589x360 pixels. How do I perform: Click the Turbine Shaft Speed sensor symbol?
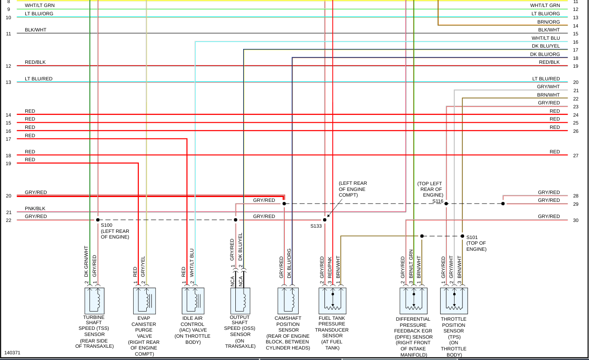pyautogui.click(x=94, y=301)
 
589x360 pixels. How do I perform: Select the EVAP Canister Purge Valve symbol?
pyautogui.click(x=145, y=301)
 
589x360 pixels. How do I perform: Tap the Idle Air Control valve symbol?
pyautogui.click(x=193, y=301)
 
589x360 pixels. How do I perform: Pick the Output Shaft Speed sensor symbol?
pyautogui.click(x=240, y=301)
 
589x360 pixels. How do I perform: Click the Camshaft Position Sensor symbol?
pyautogui.click(x=288, y=301)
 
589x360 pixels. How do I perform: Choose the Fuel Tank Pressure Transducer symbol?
pyautogui.click(x=333, y=301)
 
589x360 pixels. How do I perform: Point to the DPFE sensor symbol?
pyautogui.click(x=413, y=301)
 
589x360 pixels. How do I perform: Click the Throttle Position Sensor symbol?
pyautogui.click(x=454, y=301)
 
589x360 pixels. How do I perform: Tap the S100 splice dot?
pyautogui.click(x=98, y=220)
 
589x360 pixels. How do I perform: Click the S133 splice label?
pyautogui.click(x=316, y=226)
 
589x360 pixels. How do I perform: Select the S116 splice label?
pyautogui.click(x=438, y=201)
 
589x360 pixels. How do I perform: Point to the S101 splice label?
pyautogui.click(x=472, y=237)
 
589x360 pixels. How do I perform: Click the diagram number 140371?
pyautogui.click(x=12, y=353)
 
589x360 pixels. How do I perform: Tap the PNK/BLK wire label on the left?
pyautogui.click(x=35, y=208)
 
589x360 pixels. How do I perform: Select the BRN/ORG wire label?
pyautogui.click(x=548, y=22)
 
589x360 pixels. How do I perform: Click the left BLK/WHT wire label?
pyautogui.click(x=35, y=30)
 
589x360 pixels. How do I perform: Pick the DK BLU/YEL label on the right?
pyautogui.click(x=545, y=46)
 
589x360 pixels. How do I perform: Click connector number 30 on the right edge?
pyautogui.click(x=575, y=220)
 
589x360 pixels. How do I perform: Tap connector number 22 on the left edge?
pyautogui.click(x=8, y=220)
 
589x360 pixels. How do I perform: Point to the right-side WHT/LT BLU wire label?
pyautogui.click(x=545, y=38)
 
